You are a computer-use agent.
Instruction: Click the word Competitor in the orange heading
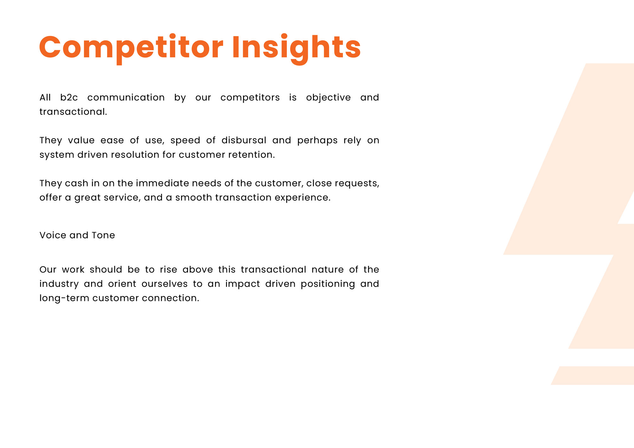(x=131, y=48)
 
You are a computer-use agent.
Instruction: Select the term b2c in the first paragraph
(x=69, y=97)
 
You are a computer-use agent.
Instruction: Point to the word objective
(x=328, y=98)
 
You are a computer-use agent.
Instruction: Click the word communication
(x=126, y=97)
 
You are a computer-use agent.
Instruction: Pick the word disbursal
(x=244, y=140)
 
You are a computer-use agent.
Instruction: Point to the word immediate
(x=162, y=183)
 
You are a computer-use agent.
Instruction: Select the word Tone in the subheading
(x=103, y=235)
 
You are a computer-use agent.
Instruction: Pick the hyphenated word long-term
(x=64, y=298)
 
